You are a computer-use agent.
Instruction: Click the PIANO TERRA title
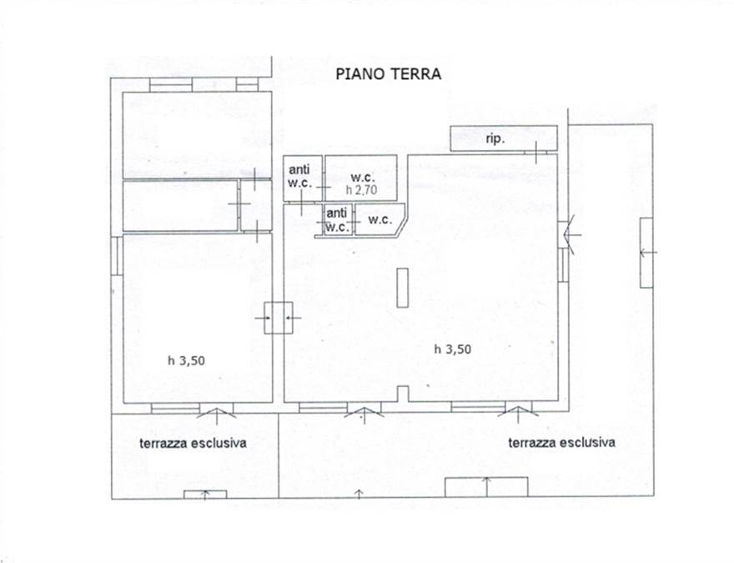click(x=388, y=73)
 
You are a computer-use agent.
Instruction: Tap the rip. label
click(x=495, y=139)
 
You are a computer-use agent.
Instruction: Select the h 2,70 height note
click(x=361, y=190)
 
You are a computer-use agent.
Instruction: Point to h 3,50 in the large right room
click(x=453, y=349)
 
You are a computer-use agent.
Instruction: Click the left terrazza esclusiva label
click(x=193, y=443)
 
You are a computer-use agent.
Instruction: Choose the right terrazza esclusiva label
click(x=561, y=442)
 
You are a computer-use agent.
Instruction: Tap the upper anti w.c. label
click(x=299, y=176)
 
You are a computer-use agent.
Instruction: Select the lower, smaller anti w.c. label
click(x=337, y=219)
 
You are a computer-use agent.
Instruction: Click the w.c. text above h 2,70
click(x=362, y=177)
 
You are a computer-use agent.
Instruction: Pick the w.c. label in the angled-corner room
click(x=380, y=220)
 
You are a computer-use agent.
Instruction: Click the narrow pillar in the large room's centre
click(x=403, y=289)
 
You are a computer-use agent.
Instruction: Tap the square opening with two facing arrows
click(x=278, y=317)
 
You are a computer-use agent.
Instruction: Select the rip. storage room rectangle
click(x=504, y=138)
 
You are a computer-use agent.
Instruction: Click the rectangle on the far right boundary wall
click(x=646, y=252)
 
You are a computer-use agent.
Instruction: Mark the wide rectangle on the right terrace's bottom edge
click(x=486, y=486)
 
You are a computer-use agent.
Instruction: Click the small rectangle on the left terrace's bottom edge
click(x=205, y=495)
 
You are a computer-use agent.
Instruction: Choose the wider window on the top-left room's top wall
click(x=171, y=84)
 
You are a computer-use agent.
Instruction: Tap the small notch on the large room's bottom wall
click(x=403, y=395)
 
